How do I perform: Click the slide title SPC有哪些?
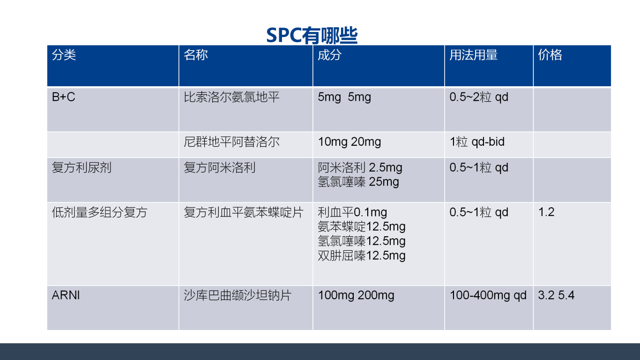tap(312, 36)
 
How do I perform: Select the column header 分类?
tap(64, 55)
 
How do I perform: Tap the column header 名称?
tap(196, 55)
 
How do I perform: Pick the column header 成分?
tap(330, 55)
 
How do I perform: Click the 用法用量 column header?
tap(473, 55)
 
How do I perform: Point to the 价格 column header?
tap(550, 55)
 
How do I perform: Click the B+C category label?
tap(63, 97)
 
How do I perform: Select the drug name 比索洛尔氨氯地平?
tap(231, 97)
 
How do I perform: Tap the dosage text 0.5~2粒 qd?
tap(479, 97)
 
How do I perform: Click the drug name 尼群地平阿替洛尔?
tap(231, 142)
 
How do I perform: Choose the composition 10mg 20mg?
tap(350, 142)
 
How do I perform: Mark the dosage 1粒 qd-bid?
tap(477, 142)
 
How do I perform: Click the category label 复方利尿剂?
tap(82, 167)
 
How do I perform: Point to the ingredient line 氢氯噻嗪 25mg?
tap(358, 182)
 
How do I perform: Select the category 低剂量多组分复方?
tap(99, 212)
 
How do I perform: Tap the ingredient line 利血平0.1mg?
tap(352, 212)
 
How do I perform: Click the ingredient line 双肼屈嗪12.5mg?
tap(361, 255)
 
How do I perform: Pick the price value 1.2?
tap(546, 212)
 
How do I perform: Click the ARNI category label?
tap(66, 295)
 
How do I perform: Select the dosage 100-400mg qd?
tap(488, 295)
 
